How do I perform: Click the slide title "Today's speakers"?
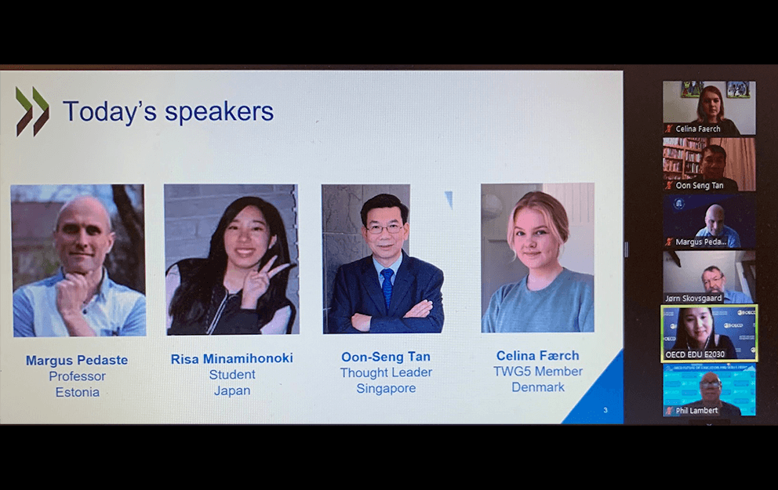pos(168,111)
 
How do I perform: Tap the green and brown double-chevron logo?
pos(33,111)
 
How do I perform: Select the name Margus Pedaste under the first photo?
pos(77,360)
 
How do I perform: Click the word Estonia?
pos(78,392)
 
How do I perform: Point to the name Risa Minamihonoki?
pos(231,358)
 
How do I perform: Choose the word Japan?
pos(232,390)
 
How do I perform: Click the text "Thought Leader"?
pos(386,372)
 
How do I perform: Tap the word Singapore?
pos(386,388)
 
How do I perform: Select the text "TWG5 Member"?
pos(538,372)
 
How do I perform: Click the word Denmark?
pos(538,387)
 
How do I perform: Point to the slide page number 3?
pos(605,410)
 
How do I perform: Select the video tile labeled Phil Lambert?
pos(709,390)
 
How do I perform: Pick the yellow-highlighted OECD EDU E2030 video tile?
pos(709,333)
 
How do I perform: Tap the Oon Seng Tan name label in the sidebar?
pos(699,186)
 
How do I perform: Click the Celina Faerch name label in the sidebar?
pos(698,129)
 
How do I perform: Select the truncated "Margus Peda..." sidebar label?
pos(700,242)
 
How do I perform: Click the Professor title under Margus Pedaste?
pos(78,376)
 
